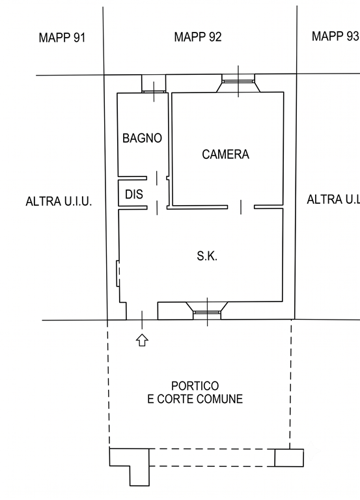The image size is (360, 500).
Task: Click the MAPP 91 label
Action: pos(62,38)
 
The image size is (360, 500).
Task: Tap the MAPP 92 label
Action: pos(198,37)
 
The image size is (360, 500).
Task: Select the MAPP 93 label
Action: pos(335,36)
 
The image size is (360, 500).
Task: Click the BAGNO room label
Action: pos(142,138)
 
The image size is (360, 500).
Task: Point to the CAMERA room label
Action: pos(225,154)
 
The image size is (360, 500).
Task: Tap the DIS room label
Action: pos(134,194)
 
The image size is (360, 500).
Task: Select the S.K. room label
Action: pos(207,256)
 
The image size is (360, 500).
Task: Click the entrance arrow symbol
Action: pos(142,340)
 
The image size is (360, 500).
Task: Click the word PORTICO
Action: pos(195,386)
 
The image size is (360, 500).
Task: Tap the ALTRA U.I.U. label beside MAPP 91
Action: pos(59,202)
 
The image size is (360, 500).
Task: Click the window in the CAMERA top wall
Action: pos(238,81)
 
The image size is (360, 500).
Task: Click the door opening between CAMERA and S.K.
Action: pos(241,207)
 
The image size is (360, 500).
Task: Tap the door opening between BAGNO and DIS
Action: pos(156,178)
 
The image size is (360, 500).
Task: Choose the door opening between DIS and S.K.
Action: pos(157,207)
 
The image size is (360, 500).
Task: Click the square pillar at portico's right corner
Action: pos(289,458)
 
